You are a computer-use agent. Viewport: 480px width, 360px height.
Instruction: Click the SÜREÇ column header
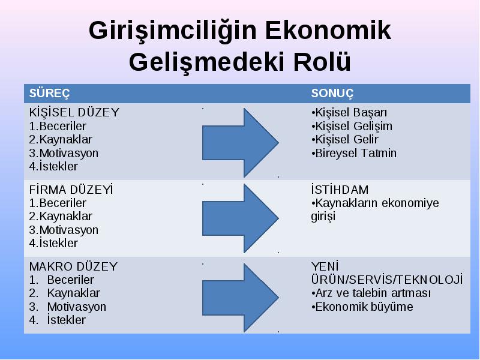click(49, 94)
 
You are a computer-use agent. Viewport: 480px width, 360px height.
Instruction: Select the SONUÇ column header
click(332, 94)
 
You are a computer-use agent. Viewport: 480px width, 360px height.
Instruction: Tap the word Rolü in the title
click(322, 62)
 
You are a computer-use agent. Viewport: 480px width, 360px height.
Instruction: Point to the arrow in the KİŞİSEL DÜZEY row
click(241, 143)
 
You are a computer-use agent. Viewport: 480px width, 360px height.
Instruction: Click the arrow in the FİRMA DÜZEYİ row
click(241, 218)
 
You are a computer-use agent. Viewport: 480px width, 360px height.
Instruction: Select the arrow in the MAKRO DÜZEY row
click(241, 298)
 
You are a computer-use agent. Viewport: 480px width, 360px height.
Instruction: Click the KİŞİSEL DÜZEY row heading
click(74, 112)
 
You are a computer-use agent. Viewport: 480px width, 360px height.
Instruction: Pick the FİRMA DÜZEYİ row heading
click(71, 190)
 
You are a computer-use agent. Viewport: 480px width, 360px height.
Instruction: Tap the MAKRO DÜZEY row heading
click(73, 266)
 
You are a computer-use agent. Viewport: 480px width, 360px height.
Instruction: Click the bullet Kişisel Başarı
click(349, 113)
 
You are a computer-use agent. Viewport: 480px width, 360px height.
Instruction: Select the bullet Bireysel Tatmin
click(353, 153)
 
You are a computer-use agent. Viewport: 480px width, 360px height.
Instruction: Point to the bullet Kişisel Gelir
click(344, 140)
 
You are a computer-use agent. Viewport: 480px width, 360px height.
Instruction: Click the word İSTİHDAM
click(340, 190)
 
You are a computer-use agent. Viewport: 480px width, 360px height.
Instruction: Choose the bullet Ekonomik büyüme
click(362, 307)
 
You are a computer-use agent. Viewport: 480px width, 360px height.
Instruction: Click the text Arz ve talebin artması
click(371, 293)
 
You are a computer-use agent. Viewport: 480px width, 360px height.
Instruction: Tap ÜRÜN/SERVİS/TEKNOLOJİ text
click(387, 280)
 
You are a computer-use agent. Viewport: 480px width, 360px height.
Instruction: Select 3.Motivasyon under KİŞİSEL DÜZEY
click(64, 153)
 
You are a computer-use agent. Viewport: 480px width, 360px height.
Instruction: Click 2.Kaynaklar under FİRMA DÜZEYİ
click(61, 217)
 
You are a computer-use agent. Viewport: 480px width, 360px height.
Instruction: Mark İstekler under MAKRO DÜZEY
click(66, 320)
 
